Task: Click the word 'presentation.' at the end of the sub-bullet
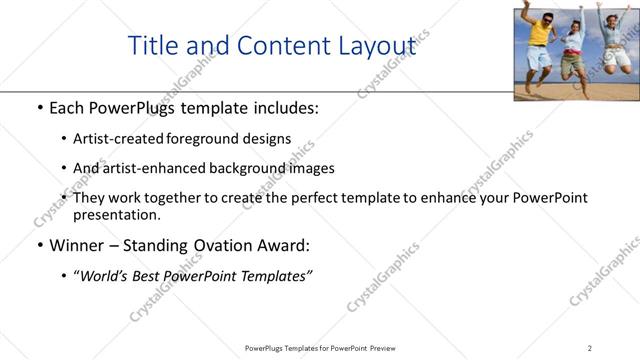[116, 214]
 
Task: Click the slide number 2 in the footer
[589, 348]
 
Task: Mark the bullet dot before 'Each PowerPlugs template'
[39, 106]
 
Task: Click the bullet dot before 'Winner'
[39, 246]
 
